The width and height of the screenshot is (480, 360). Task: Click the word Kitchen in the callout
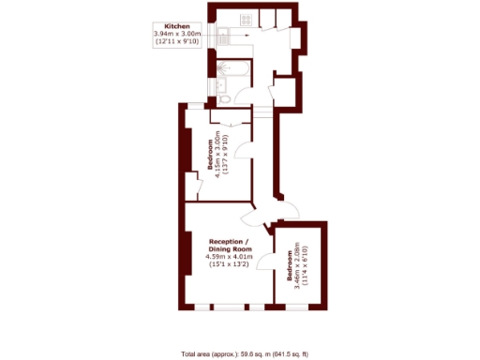pos(177,25)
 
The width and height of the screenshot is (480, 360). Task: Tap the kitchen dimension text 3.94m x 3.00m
pos(177,34)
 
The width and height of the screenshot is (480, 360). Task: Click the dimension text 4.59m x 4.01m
pos(231,256)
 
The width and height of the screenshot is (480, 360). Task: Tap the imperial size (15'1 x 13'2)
pos(231,265)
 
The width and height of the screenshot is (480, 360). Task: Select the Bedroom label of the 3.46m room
pos(288,269)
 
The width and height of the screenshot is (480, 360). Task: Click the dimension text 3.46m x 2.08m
pos(297,269)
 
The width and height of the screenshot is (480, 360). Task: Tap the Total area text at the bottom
pos(245,353)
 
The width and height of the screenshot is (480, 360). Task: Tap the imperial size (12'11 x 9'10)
pos(177,42)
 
